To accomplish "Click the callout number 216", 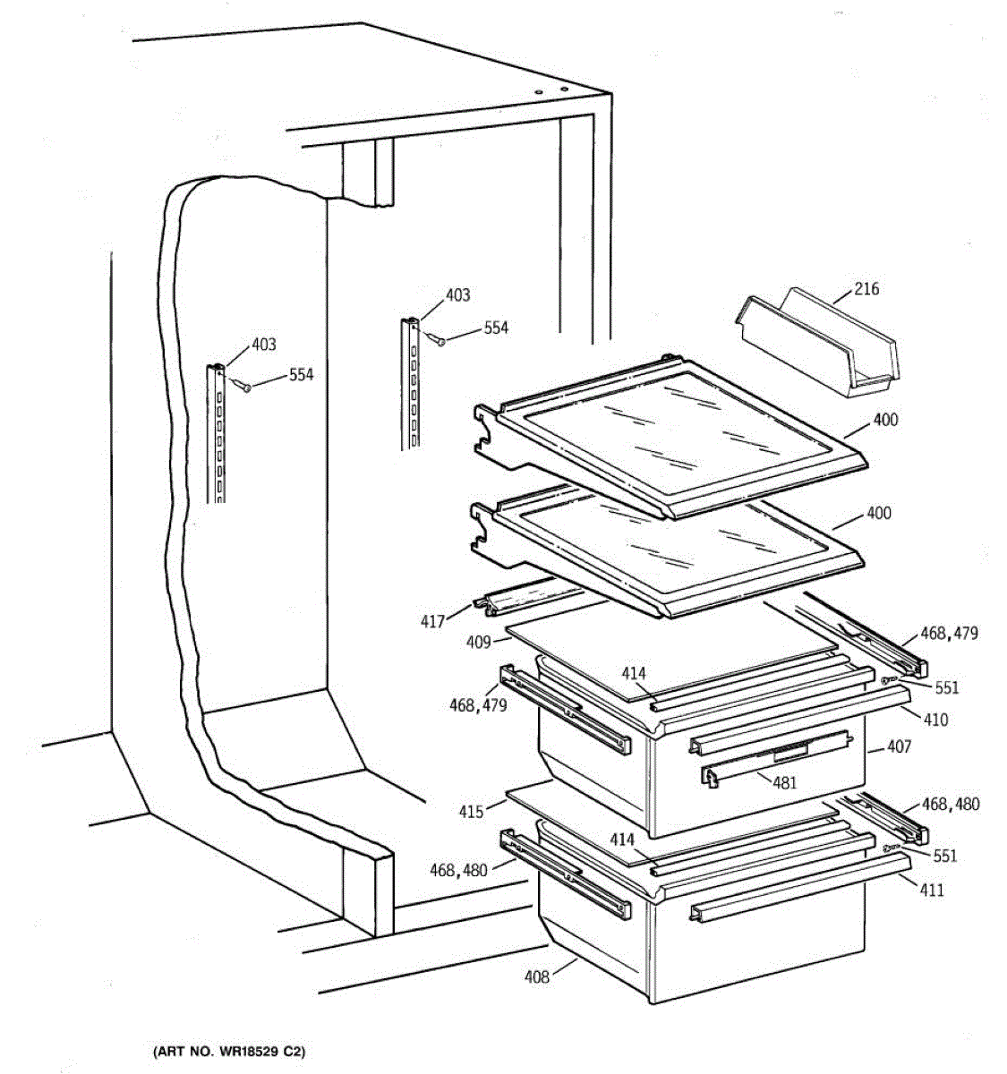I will coord(866,289).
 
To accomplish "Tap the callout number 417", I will coord(432,620).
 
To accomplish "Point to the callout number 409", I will coord(477,642).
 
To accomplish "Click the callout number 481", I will coord(784,782).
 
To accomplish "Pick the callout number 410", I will coord(935,720).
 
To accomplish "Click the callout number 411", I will coord(932,891).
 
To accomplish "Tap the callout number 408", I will coord(538,976).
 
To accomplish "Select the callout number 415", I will coord(471,812).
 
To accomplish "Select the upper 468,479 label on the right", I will coord(949,634).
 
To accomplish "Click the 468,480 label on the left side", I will coord(458,869).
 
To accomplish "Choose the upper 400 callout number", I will coord(882,421).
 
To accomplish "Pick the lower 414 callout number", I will coord(622,840).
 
